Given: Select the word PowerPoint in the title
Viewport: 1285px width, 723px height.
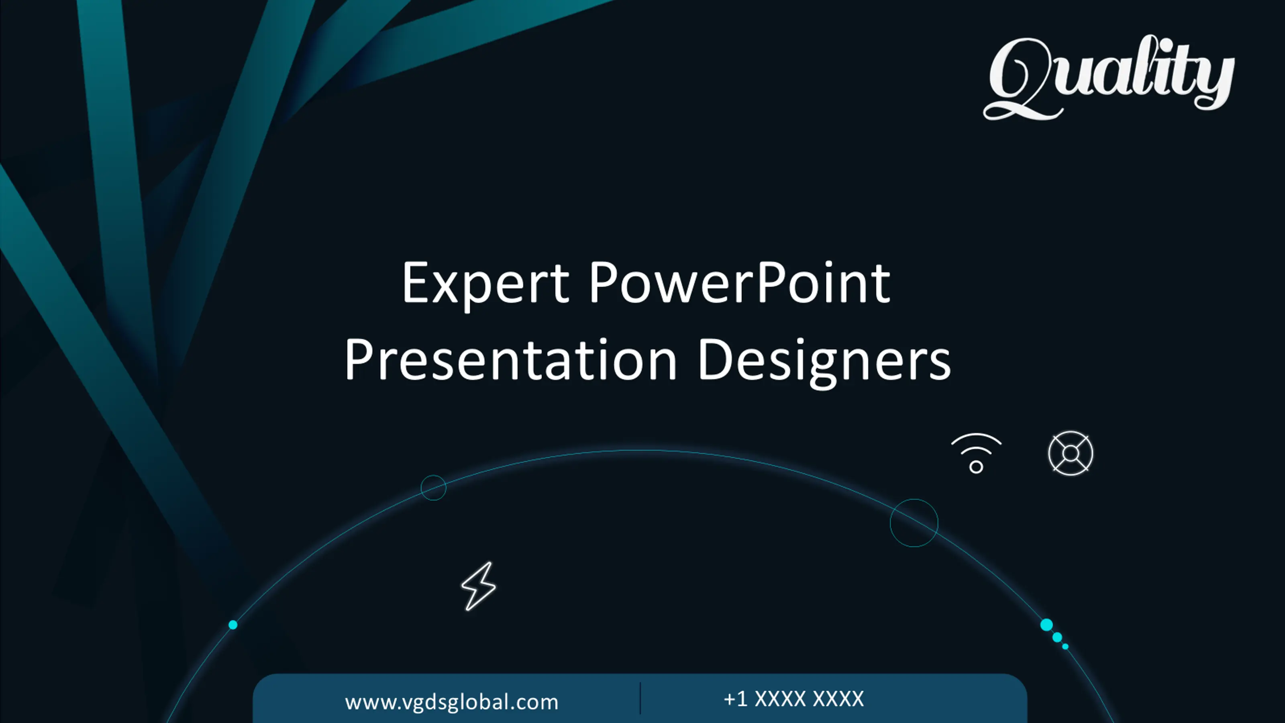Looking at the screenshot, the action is tap(740, 282).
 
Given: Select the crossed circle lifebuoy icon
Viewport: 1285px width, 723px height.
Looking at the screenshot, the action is tap(1071, 453).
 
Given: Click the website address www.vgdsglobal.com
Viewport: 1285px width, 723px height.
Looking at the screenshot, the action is tap(451, 702).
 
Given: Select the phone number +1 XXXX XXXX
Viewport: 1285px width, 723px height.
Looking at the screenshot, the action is tap(793, 699).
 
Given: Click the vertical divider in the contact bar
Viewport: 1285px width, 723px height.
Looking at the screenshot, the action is tap(640, 698).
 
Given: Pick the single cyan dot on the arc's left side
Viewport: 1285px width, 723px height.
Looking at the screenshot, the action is tap(233, 625).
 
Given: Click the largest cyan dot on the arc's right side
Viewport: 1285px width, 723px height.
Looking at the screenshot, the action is tap(1046, 625).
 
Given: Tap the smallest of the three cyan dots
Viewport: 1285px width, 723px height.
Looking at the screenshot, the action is tap(1065, 647).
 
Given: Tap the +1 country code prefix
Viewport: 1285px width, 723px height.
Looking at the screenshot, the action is tap(736, 699).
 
